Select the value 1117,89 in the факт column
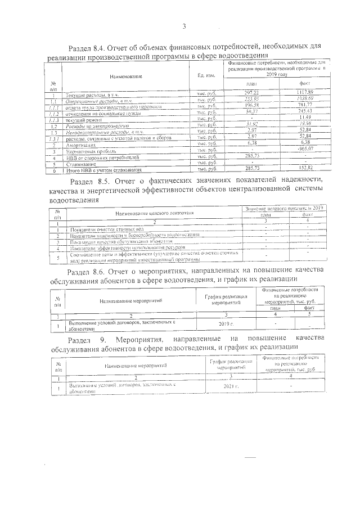(305, 92)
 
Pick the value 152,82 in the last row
(305, 169)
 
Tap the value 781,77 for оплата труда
(305, 104)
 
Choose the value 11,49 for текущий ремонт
(305, 116)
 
